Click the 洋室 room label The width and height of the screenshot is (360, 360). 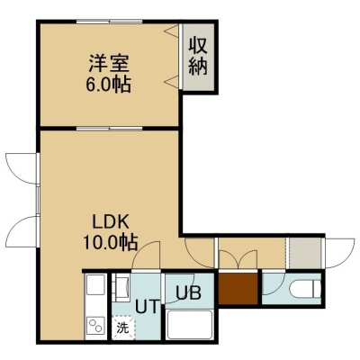click(x=109, y=63)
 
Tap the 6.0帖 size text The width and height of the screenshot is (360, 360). click(x=109, y=85)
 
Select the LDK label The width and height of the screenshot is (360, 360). click(x=111, y=222)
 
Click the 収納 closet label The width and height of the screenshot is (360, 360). click(x=198, y=57)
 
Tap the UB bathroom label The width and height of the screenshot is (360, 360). click(x=188, y=292)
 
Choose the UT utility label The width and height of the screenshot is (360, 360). click(x=147, y=307)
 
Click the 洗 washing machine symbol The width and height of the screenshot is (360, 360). click(x=123, y=328)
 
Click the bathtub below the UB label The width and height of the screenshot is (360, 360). click(x=190, y=325)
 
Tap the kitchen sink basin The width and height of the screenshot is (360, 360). click(x=95, y=284)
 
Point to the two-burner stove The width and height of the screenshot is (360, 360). click(x=96, y=325)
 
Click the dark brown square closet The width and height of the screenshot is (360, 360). click(x=238, y=289)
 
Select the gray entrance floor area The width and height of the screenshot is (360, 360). click(x=305, y=253)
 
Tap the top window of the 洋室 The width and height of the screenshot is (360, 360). click(x=109, y=22)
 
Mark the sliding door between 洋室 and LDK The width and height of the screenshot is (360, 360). click(x=109, y=129)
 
